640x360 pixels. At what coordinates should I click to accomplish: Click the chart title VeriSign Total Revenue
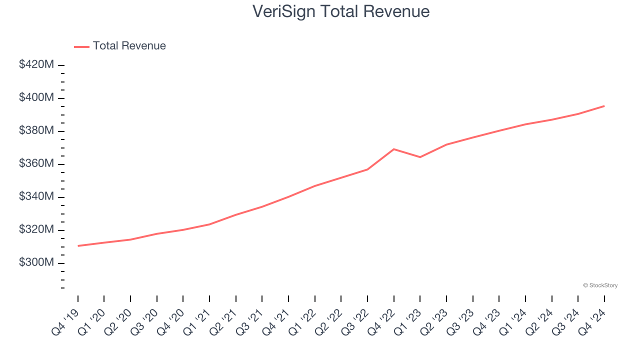point(341,11)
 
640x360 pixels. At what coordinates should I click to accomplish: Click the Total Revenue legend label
point(129,46)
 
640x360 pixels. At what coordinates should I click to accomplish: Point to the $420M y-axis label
point(36,64)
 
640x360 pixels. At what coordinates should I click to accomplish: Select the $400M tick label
point(36,97)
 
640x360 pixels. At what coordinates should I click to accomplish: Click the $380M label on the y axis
point(36,130)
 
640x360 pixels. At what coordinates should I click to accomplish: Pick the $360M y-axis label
point(36,163)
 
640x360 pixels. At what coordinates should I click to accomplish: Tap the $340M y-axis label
point(36,196)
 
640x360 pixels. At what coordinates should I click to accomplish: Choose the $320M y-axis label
point(36,229)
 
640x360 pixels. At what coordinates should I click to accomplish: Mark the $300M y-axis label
point(36,262)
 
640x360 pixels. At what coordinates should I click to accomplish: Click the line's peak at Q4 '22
point(394,149)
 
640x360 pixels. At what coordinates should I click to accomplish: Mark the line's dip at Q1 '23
point(420,157)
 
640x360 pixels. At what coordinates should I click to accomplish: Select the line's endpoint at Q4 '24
point(604,106)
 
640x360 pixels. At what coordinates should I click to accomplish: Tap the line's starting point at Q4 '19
point(78,245)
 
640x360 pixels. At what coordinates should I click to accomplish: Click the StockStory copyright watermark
point(600,285)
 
